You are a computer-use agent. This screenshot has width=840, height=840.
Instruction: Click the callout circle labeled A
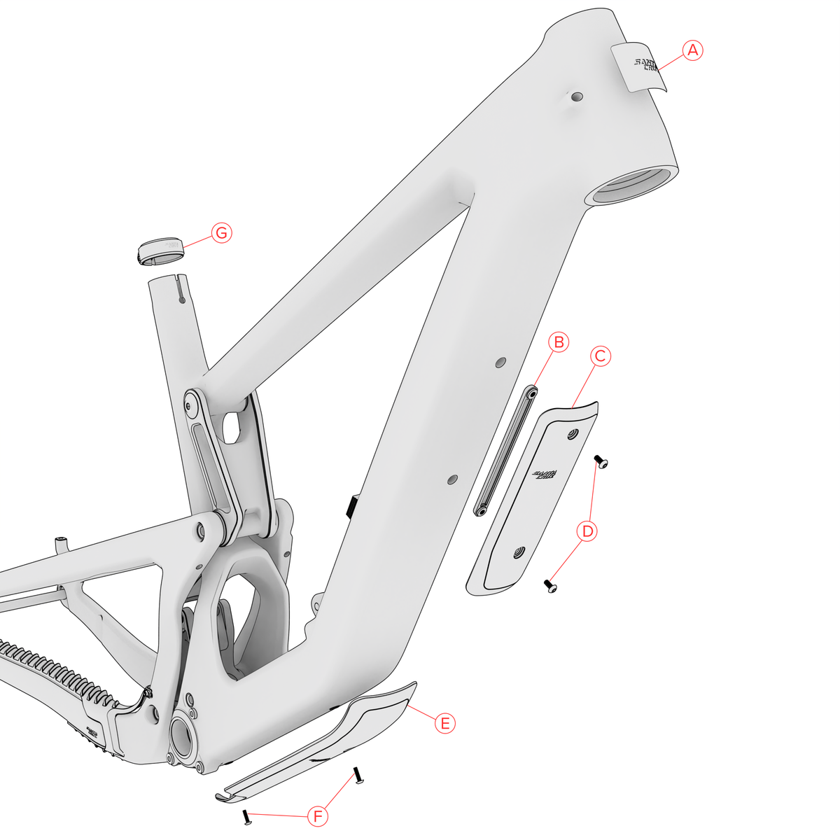tap(692, 50)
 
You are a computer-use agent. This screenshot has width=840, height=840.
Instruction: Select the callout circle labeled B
tap(559, 342)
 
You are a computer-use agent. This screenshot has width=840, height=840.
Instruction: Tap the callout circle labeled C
tap(600, 356)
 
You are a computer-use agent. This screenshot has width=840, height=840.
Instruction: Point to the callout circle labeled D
tap(588, 531)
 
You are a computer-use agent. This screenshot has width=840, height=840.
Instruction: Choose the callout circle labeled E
tap(444, 722)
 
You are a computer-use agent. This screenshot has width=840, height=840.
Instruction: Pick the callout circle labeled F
tap(318, 816)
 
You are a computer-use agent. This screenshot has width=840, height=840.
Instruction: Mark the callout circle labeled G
tap(221, 233)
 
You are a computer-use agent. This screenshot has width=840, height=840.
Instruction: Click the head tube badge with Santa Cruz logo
tap(638, 68)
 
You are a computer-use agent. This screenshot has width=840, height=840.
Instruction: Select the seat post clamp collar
tap(161, 251)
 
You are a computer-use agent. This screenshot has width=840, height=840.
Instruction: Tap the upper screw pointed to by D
tap(601, 461)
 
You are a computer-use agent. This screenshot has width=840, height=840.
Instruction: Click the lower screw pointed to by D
tap(550, 585)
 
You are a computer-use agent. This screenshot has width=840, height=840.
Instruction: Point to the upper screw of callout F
tap(358, 775)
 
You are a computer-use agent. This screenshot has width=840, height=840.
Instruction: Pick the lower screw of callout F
tap(246, 817)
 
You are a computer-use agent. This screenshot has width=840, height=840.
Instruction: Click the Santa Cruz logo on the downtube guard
tap(544, 475)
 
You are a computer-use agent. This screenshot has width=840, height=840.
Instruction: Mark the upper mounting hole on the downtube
tap(500, 362)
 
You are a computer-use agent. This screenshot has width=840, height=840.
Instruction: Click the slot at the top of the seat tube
tap(181, 290)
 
